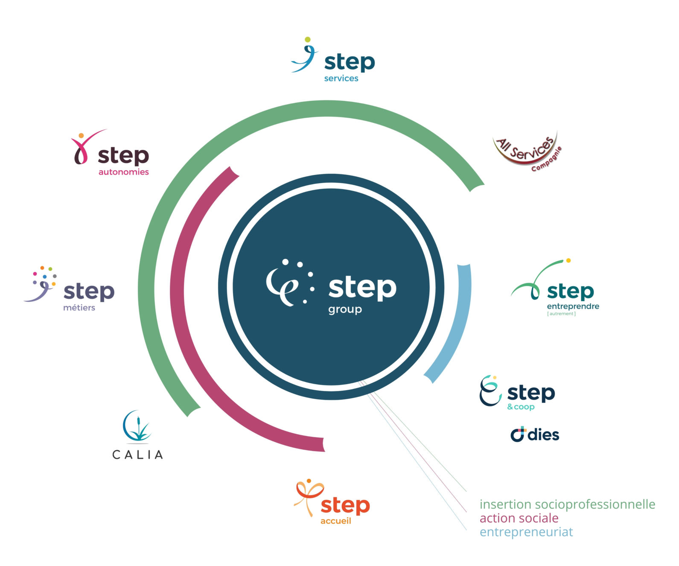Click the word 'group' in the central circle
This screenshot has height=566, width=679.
(345, 309)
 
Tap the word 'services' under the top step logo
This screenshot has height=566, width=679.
(341, 79)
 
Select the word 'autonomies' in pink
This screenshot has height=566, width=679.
(123, 172)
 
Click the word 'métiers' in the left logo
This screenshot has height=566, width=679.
(79, 308)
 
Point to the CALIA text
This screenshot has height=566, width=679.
(137, 455)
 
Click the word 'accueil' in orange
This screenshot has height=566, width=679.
(335, 521)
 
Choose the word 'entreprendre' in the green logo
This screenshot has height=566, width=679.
(573, 306)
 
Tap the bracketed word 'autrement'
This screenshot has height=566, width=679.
(561, 314)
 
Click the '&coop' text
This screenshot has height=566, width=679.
(521, 407)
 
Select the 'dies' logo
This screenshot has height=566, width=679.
(535, 435)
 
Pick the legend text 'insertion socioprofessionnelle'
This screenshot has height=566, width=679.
(567, 504)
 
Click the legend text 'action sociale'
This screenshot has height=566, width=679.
(519, 518)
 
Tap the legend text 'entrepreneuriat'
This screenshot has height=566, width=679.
(526, 532)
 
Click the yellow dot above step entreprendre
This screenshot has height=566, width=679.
(568, 260)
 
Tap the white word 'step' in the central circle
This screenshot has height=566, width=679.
(362, 288)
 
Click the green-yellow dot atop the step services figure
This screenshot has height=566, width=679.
(308, 40)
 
